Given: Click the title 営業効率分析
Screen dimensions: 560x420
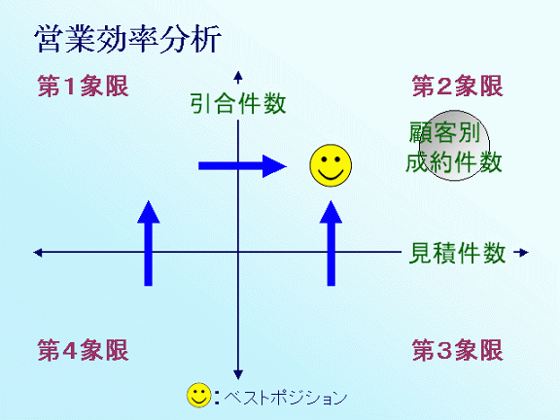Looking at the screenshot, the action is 128,39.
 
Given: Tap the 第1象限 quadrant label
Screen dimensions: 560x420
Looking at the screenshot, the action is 83,87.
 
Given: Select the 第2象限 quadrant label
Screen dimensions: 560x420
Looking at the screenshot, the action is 458,87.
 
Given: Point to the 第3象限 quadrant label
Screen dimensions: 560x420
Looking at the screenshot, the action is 458,350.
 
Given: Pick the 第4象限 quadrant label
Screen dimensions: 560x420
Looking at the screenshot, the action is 83,350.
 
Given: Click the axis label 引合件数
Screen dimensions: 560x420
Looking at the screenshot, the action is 238,104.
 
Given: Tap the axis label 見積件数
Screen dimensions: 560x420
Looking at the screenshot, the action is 457,253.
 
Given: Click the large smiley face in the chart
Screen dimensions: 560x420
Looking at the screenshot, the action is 331,165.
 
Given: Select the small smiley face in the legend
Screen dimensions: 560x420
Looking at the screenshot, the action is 199,396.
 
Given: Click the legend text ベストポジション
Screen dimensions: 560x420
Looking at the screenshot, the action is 286,397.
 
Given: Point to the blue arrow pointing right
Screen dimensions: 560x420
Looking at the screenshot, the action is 242,166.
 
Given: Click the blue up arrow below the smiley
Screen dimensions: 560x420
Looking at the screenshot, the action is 332,243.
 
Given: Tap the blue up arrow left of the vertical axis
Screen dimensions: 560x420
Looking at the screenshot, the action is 149,243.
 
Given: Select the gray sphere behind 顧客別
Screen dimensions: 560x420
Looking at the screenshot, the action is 454,146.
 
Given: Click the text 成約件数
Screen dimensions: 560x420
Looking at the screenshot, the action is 454,162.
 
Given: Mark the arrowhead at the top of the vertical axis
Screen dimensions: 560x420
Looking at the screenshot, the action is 238,76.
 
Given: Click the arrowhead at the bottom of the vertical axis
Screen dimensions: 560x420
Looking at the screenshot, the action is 238,374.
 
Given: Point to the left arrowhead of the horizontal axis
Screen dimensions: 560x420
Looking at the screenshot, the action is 38,253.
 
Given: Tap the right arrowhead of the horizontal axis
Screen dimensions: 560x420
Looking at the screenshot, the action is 524,253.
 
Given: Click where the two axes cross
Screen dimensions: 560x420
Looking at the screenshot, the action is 238,252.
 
